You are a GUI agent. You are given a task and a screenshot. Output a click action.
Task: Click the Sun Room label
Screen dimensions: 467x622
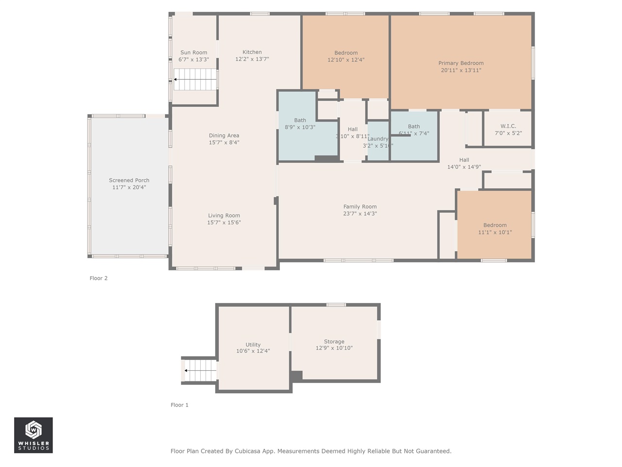(193, 53)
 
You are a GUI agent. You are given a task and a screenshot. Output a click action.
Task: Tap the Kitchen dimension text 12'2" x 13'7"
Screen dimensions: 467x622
(252, 59)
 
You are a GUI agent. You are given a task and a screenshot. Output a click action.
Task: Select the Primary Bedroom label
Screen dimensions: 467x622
(461, 63)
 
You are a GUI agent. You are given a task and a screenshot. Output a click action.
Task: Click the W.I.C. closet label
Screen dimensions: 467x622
(508, 126)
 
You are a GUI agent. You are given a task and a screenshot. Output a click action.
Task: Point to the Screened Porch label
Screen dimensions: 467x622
(129, 180)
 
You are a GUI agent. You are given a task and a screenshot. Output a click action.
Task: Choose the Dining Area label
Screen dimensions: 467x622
(224, 136)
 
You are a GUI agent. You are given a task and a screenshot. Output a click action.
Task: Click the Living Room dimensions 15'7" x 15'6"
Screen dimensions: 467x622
(224, 223)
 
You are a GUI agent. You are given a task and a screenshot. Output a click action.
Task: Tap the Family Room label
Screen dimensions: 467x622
(360, 207)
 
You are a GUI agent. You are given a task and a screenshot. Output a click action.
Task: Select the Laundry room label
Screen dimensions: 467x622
(378, 139)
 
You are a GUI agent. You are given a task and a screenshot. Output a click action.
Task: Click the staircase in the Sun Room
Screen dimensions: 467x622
(195, 79)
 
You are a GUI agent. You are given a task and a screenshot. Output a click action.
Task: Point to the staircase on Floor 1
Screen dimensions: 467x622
(200, 371)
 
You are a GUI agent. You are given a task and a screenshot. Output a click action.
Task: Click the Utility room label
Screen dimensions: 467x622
(253, 345)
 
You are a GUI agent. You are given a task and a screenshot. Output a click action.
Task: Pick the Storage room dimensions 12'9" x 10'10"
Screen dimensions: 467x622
(334, 348)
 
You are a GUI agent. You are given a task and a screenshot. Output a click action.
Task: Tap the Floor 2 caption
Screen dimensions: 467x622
(99, 278)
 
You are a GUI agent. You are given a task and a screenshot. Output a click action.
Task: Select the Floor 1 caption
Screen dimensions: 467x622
(179, 405)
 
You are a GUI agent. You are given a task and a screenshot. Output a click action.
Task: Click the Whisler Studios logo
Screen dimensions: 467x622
(34, 435)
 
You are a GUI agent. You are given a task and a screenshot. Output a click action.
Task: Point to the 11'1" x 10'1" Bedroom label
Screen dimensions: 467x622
(495, 225)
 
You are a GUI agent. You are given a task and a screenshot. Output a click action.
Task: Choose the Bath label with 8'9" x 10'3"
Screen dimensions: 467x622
(300, 121)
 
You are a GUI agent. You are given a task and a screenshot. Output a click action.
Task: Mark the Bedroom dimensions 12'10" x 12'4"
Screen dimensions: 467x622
(346, 60)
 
